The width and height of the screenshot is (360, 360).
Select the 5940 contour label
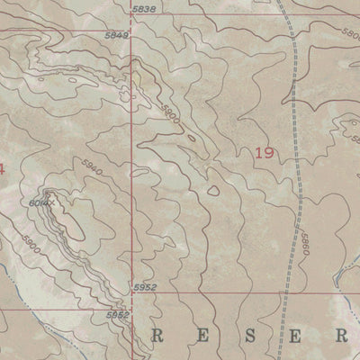[x=92, y=168]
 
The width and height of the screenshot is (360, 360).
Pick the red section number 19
[x=264, y=154]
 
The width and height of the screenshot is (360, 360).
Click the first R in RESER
[x=158, y=337]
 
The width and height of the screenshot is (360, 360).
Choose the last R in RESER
[x=343, y=337]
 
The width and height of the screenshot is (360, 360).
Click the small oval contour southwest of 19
[x=213, y=189]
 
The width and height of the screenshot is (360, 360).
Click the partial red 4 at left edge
[x=3, y=168]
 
